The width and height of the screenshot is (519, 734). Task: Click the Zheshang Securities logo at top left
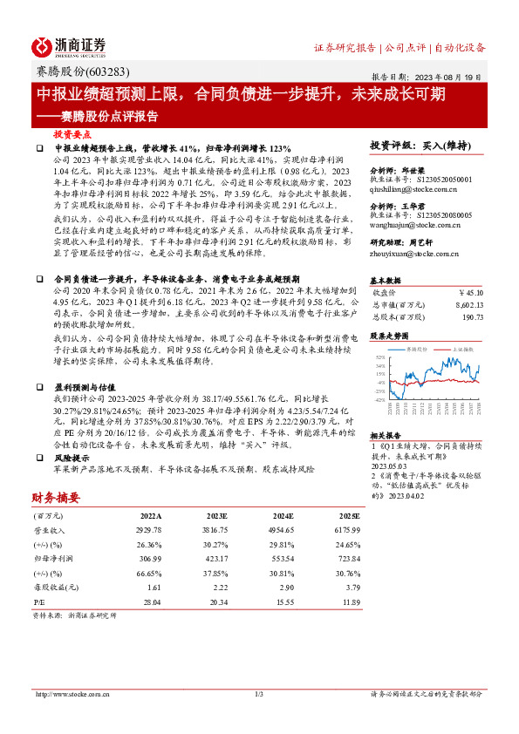pos(69,46)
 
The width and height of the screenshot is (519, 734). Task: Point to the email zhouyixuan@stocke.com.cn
pos(415,255)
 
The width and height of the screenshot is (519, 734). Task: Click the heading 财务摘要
pos(55,499)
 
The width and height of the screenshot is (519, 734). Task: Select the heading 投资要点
pos(72,136)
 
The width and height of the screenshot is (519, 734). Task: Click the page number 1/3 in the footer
pos(259,694)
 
